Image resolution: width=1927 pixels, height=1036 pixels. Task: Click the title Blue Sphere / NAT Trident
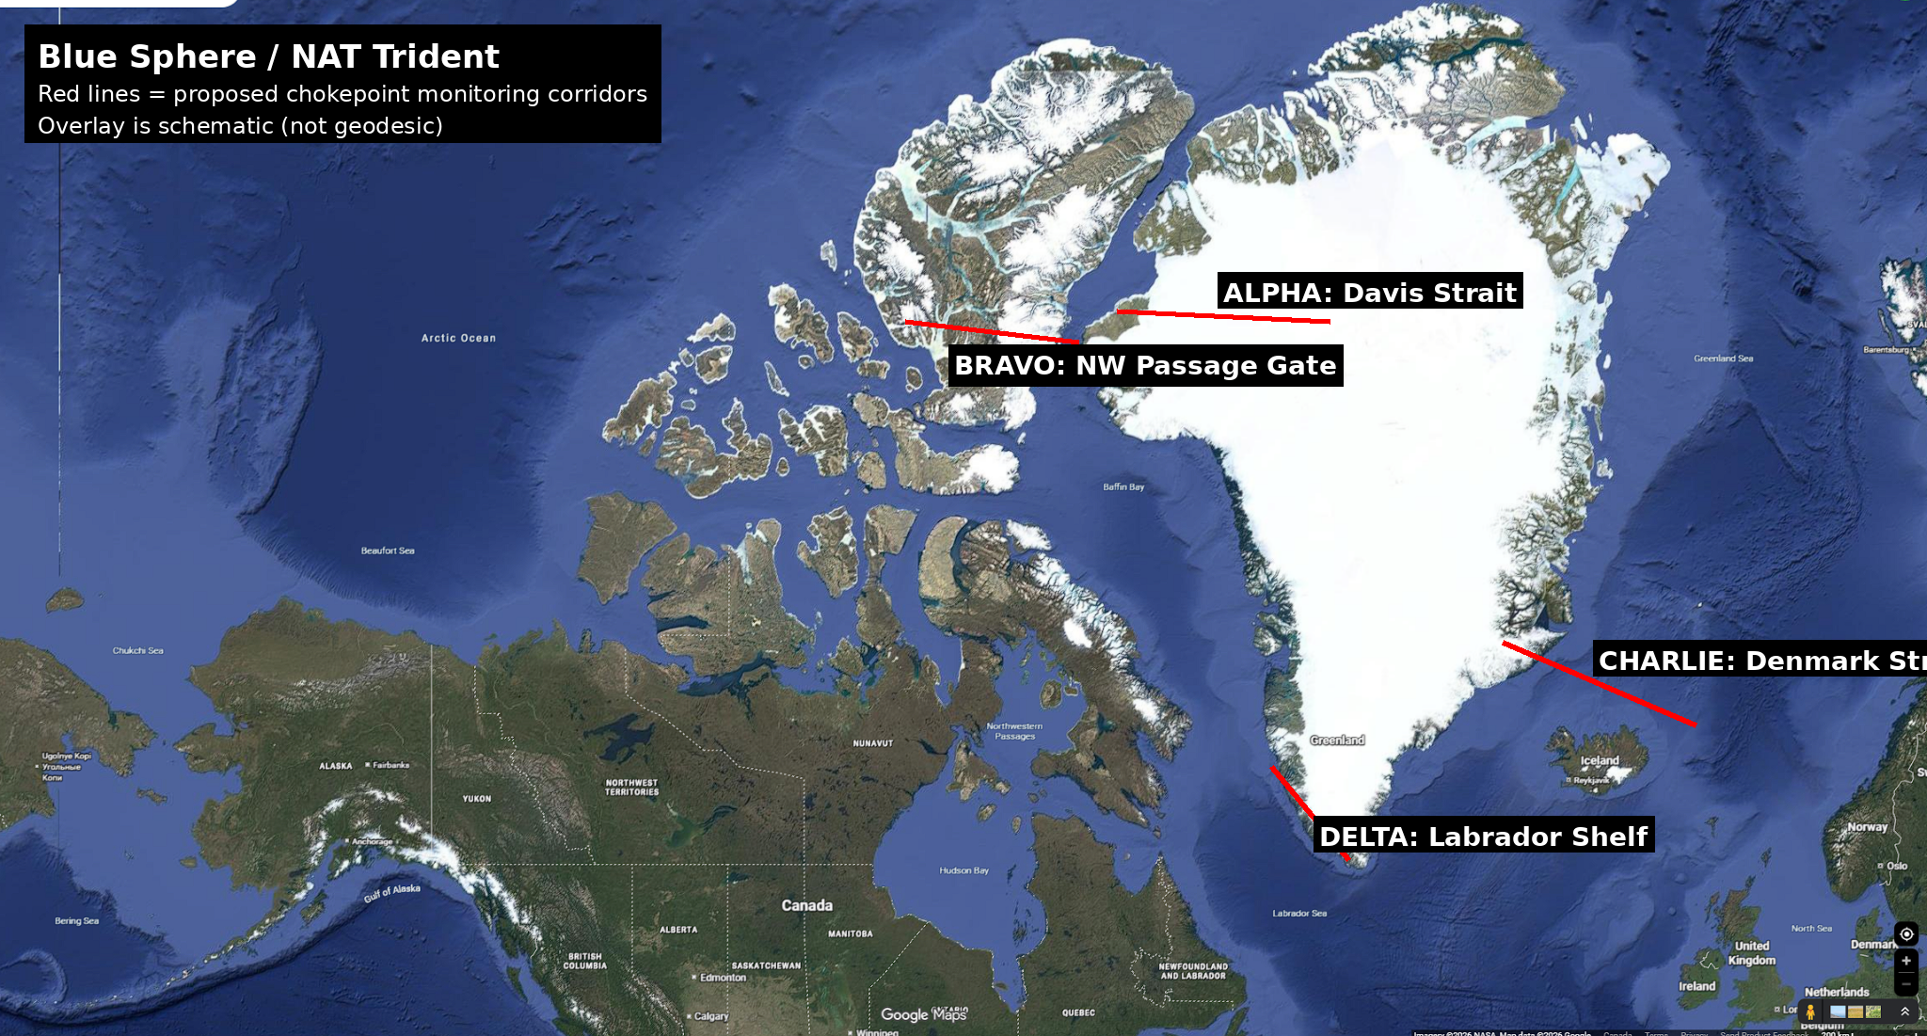click(x=268, y=56)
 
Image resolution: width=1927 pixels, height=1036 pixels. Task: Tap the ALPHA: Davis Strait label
click(x=1369, y=292)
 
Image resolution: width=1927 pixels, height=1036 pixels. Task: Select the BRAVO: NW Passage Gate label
click(x=1145, y=365)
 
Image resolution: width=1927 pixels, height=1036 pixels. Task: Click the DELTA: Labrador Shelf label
click(x=1483, y=836)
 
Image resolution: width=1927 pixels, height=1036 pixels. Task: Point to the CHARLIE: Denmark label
click(x=1760, y=660)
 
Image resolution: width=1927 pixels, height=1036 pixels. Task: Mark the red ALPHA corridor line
click(x=1223, y=316)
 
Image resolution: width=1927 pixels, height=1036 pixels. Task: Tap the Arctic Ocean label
click(x=458, y=338)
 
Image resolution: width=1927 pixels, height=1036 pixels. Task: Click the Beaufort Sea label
click(x=388, y=550)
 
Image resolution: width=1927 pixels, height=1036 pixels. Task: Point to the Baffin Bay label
click(x=1123, y=486)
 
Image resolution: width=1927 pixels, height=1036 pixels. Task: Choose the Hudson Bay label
click(x=963, y=870)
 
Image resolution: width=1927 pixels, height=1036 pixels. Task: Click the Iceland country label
click(x=1600, y=760)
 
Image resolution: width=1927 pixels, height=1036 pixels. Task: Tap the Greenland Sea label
click(x=1723, y=359)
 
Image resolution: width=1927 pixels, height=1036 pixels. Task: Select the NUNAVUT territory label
click(x=872, y=743)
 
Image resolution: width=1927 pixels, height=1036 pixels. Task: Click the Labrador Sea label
click(x=1299, y=913)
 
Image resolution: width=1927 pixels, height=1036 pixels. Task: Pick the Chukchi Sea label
click(x=137, y=650)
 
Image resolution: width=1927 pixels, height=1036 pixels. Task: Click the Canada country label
click(x=806, y=905)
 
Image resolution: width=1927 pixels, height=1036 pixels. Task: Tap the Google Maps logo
click(x=923, y=1014)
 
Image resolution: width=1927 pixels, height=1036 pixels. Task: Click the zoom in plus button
click(x=1905, y=961)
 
